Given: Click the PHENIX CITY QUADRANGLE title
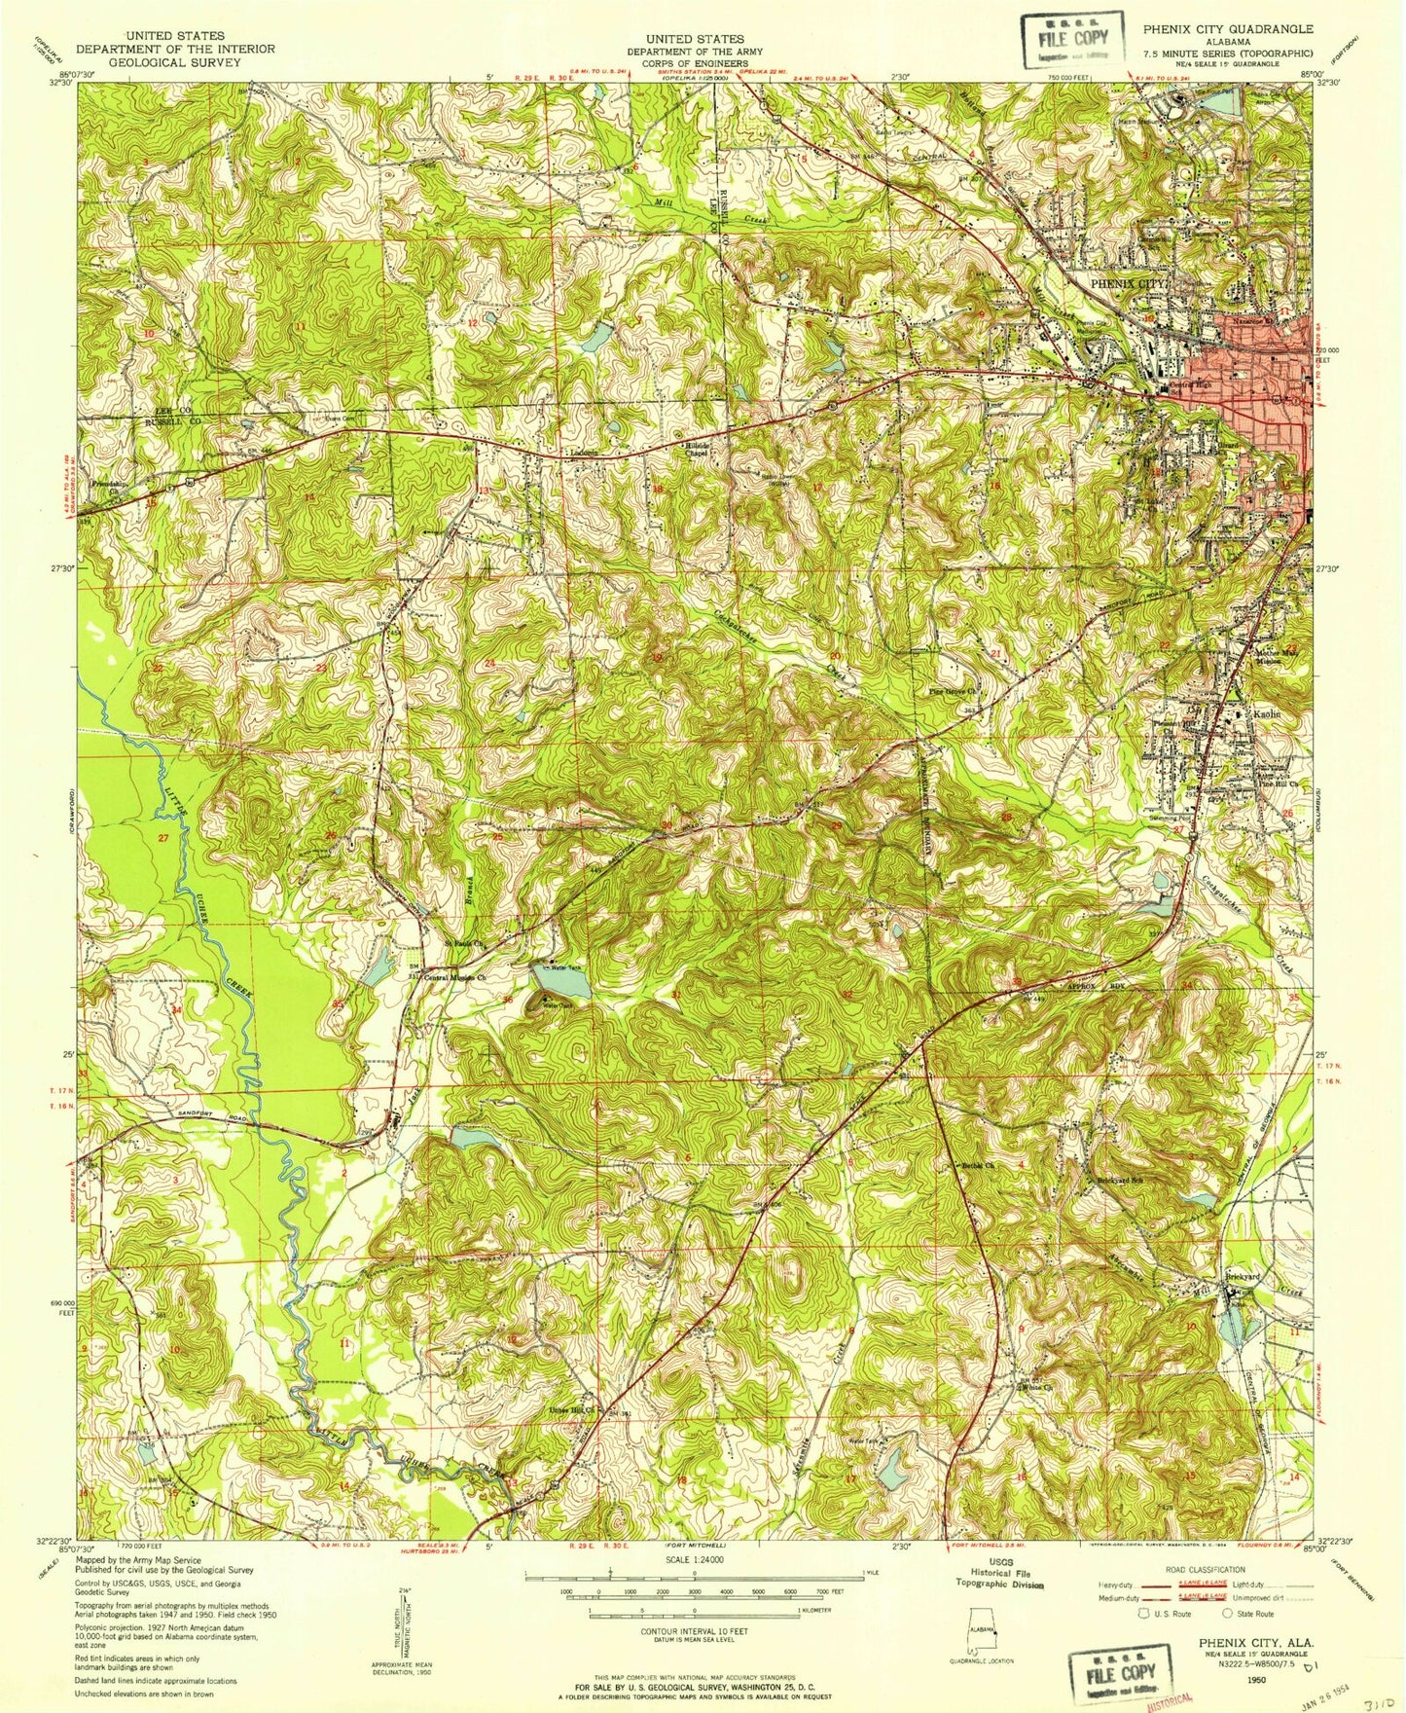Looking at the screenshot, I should pyautogui.click(x=1231, y=29).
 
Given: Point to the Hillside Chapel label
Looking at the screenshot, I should pyautogui.click(x=696, y=448).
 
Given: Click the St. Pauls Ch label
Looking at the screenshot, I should pyautogui.click(x=464, y=943).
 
